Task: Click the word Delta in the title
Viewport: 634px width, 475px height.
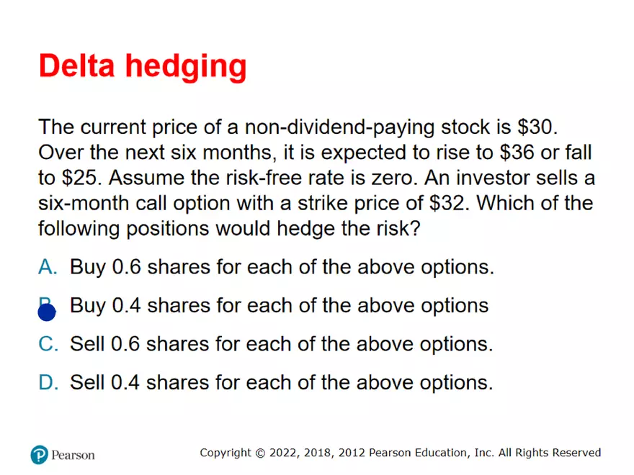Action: coord(77,65)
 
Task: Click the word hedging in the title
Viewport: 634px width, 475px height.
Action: coord(186,68)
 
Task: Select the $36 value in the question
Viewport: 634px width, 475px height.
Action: coord(517,153)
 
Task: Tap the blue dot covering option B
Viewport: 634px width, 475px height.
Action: coord(47,312)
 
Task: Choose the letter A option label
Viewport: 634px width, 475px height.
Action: coord(48,267)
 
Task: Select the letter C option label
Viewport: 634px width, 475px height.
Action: coord(48,344)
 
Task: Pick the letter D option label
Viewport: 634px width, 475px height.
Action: coord(48,382)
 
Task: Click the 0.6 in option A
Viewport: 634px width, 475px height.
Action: coord(126,267)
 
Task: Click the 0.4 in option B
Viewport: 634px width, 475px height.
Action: coord(126,305)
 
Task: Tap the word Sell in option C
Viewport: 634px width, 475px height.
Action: coord(87,344)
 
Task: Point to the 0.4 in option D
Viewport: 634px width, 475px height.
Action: coord(125,382)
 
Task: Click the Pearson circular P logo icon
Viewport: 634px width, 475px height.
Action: coord(39,455)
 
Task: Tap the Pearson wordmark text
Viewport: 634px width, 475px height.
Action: coord(73,455)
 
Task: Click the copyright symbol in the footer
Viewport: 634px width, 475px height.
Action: coord(260,453)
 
